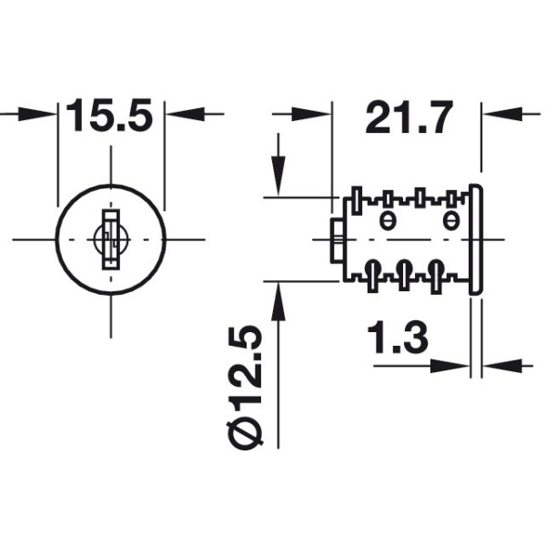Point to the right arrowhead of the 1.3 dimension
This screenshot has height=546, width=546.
tap(496, 366)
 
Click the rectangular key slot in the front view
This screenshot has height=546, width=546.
tap(111, 239)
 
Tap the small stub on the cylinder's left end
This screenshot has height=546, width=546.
tap(336, 240)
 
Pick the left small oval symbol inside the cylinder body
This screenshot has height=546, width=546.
tap(386, 219)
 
